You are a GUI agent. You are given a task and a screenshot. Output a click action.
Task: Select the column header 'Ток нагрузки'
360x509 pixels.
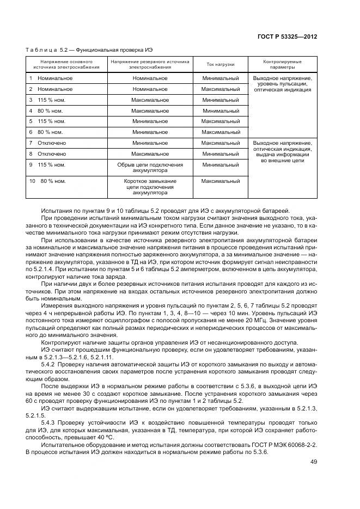tap(220, 64)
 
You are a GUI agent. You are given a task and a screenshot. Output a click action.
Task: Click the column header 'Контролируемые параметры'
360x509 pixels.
tap(282, 64)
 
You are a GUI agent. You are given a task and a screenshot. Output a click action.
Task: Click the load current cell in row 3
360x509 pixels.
tap(220, 100)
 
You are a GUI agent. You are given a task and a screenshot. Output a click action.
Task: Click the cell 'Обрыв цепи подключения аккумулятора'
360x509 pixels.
tap(150, 167)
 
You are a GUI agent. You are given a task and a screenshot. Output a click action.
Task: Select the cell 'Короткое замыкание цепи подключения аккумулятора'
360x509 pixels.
tap(150, 186)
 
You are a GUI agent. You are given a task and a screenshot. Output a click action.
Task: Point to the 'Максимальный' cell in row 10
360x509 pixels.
tap(220, 181)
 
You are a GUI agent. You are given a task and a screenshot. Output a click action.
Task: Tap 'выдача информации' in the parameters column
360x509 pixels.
tap(282, 155)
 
